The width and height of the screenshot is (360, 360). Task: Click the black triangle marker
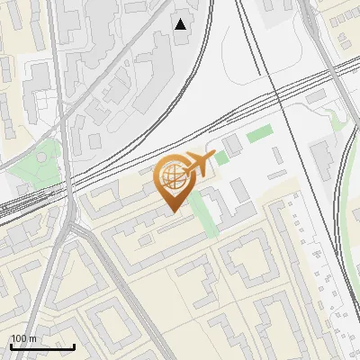pyautogui.click(x=181, y=23)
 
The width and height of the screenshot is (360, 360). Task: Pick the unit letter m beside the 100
pyautogui.click(x=33, y=338)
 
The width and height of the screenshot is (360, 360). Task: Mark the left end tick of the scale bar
pyautogui.click(x=11, y=346)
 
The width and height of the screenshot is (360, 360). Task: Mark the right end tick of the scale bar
pyautogui.click(x=75, y=346)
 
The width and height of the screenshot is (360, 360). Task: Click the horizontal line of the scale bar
pyautogui.click(x=42, y=347)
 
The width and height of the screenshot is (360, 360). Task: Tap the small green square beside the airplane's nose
pyautogui.click(x=221, y=157)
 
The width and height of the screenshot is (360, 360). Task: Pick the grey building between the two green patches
pyautogui.click(x=233, y=145)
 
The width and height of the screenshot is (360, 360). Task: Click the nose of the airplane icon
pyautogui.click(x=212, y=158)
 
